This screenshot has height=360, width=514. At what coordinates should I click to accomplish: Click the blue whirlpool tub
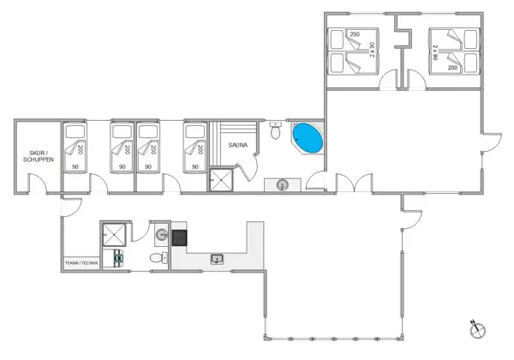pyautogui.click(x=308, y=138)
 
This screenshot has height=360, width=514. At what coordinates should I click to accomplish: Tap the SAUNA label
pyautogui.click(x=238, y=146)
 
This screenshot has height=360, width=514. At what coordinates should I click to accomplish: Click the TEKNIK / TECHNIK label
pyautogui.click(x=81, y=263)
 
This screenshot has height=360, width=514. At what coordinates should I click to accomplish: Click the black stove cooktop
pyautogui.click(x=180, y=237)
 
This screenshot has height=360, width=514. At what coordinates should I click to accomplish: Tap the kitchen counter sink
pyautogui.click(x=218, y=257)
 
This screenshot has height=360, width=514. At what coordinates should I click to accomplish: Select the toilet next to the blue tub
pyautogui.click(x=275, y=133)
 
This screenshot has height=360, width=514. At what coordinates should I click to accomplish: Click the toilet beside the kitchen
pyautogui.click(x=157, y=257)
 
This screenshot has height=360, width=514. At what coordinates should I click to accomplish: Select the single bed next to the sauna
pyautogui.click(x=195, y=147)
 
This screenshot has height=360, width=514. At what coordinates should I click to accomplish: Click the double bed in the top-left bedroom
pyautogui.click(x=352, y=51)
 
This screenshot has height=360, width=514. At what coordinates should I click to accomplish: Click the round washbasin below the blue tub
pyautogui.click(x=283, y=183)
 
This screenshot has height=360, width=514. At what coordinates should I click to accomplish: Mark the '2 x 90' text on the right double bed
pyautogui.click(x=434, y=51)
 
